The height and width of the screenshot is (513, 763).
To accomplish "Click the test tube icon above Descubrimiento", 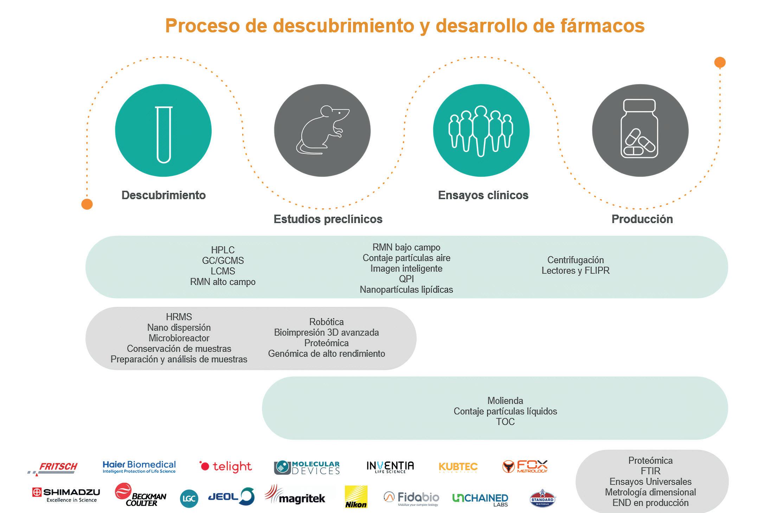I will tap(164, 134).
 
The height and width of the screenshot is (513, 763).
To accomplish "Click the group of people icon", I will tap(481, 131).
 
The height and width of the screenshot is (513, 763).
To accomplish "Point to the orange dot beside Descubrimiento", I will tap(87, 204).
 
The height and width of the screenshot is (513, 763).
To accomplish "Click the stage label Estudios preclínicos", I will tap(328, 219).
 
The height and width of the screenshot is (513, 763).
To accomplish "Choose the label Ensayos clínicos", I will tap(483, 195).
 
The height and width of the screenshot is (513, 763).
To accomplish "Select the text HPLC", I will tap(223, 250).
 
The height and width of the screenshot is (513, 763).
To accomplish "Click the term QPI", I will tap(406, 279).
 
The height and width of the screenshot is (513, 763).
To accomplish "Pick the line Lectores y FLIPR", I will tap(575, 270).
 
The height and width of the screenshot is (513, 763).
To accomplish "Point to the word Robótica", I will tap(326, 322).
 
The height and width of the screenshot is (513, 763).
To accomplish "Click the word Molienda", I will tap(505, 400).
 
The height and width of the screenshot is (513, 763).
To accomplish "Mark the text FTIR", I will tap(650, 471).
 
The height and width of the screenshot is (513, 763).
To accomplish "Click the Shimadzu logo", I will tap(66, 494).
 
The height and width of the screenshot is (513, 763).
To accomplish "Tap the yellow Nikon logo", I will tap(356, 497).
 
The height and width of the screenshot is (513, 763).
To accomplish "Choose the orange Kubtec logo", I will tap(458, 467).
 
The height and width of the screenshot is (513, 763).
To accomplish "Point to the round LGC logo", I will tap(189, 499).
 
